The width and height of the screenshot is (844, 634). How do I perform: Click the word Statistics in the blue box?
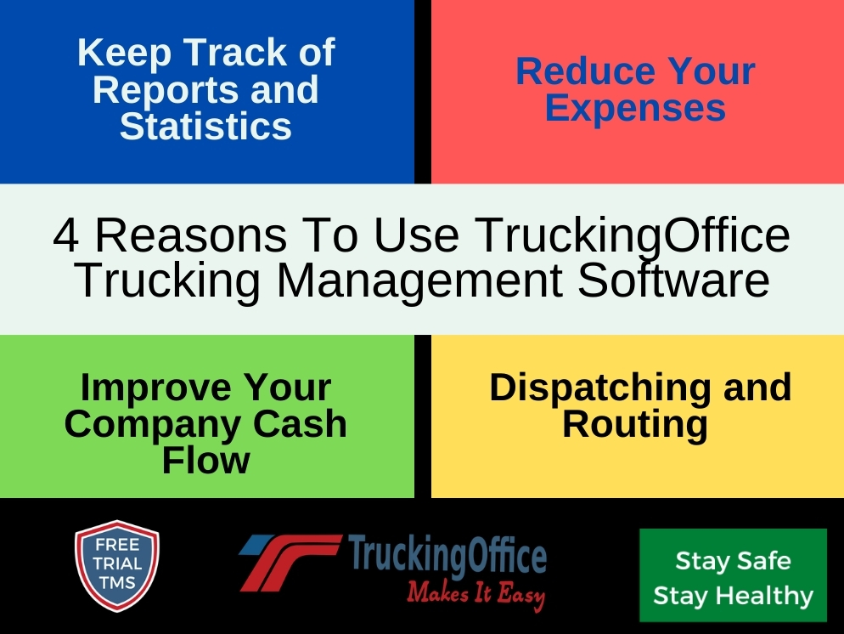[205, 127]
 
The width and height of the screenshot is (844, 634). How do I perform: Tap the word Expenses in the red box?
[635, 109]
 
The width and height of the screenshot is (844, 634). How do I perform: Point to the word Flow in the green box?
[205, 461]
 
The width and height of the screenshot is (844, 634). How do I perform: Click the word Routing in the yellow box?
[635, 424]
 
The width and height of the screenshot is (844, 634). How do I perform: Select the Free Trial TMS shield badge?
[116, 565]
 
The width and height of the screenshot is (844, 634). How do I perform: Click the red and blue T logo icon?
[289, 562]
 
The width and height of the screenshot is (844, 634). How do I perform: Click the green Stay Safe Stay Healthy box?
[733, 576]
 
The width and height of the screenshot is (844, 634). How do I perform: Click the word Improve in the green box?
[144, 388]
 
